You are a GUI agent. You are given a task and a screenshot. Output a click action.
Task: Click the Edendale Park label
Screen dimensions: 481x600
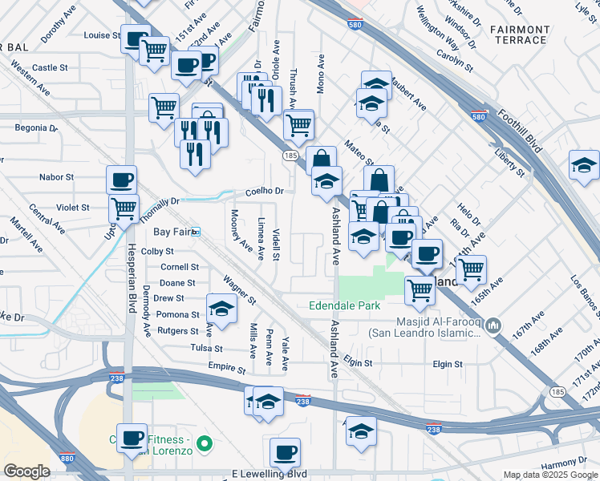coord(344,305)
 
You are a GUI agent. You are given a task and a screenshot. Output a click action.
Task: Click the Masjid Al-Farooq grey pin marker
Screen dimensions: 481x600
coord(495,325)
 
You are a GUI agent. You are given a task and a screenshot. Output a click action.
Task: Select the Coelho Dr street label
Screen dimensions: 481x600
coord(265,192)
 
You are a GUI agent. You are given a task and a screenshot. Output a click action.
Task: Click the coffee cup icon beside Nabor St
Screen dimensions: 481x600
coord(122,179)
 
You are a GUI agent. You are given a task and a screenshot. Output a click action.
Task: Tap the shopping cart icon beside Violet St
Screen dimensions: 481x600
coord(124,208)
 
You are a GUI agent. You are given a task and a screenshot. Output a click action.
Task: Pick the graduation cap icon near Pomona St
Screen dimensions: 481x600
coord(221,307)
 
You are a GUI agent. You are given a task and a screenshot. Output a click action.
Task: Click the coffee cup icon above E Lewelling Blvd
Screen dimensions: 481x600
coord(285,452)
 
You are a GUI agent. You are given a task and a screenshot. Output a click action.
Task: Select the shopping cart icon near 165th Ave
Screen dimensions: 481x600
coord(470,269)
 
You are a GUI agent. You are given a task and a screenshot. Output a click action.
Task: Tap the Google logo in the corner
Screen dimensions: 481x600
coord(26,471)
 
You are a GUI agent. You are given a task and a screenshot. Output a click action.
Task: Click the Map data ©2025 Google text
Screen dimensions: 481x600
coord(550,475)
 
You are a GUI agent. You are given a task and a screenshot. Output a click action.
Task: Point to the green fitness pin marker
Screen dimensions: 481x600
coord(205,442)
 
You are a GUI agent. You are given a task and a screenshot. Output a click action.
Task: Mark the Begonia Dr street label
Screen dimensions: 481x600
coord(37,127)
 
